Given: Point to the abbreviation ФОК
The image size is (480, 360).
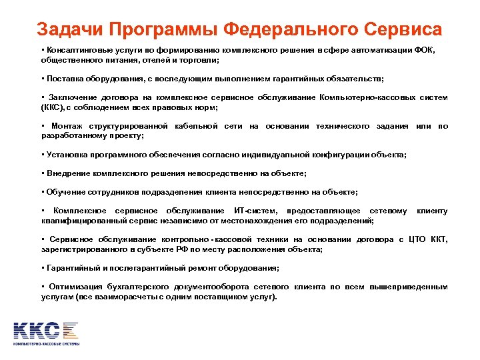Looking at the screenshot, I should click(425, 50).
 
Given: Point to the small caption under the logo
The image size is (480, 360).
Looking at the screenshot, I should click(47, 343).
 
